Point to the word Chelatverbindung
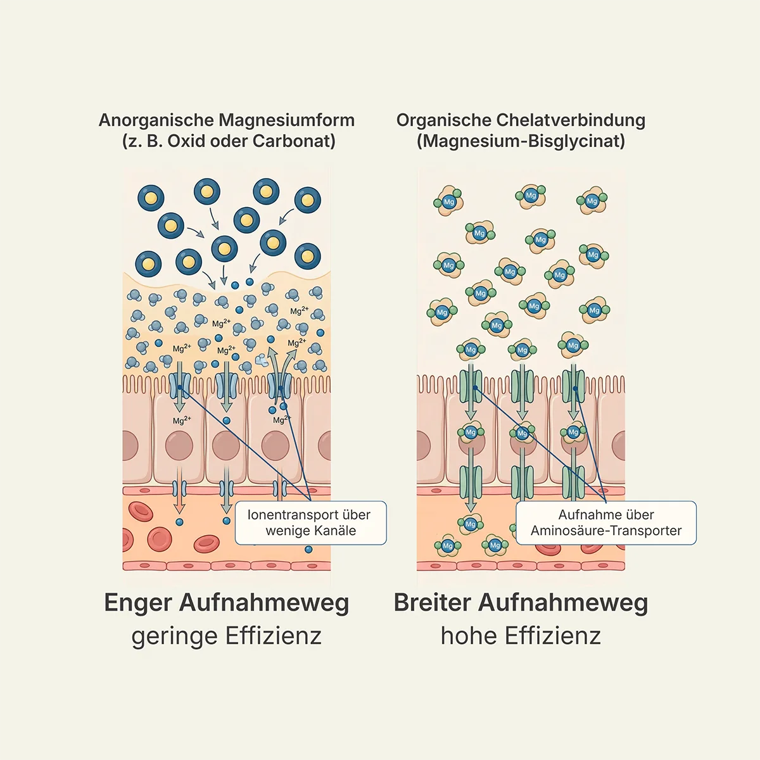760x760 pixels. coord(571,120)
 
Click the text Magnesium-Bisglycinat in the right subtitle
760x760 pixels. coord(521,141)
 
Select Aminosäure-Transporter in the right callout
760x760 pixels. coord(606,531)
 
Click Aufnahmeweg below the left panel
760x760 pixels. coord(264,602)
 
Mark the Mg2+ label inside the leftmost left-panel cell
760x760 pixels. coord(182,421)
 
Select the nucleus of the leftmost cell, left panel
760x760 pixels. coord(179,446)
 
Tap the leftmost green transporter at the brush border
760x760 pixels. coord(471,386)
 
